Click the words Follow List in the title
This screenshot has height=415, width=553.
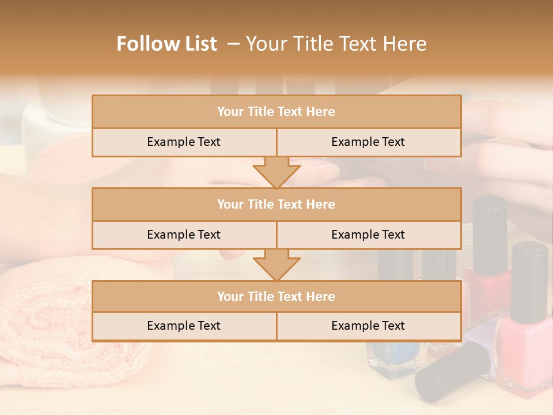point(167,44)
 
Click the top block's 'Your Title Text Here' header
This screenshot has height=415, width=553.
point(276,112)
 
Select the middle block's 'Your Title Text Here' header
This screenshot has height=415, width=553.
point(276,204)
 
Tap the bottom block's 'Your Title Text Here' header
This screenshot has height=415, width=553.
point(276,296)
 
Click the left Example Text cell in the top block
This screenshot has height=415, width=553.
point(184,142)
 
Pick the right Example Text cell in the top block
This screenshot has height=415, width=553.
point(368,142)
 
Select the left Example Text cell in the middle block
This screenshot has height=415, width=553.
point(184,235)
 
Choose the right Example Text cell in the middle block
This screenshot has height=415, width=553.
point(368,235)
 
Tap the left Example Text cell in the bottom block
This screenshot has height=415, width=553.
point(184,326)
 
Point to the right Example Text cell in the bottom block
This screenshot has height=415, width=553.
point(368,326)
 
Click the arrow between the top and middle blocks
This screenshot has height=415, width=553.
point(276,172)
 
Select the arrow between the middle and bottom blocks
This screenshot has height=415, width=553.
point(276,265)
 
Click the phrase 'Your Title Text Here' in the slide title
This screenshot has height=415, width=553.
point(336,44)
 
